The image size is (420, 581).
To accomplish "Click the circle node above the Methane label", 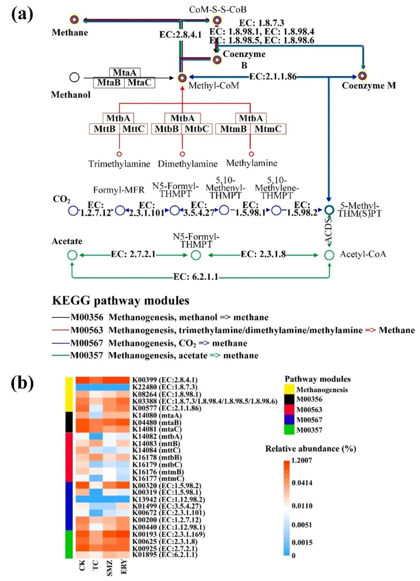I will click(x=74, y=19).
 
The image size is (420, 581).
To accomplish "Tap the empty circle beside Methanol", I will click(x=74, y=77).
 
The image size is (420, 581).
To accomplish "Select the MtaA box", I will click(x=124, y=73).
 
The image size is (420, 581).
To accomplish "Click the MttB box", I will click(x=105, y=129).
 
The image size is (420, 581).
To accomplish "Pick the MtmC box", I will click(x=268, y=129).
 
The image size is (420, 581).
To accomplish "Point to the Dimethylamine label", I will click(x=187, y=164).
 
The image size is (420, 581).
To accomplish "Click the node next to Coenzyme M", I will click(x=362, y=76).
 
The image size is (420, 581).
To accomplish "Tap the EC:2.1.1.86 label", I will click(x=273, y=77).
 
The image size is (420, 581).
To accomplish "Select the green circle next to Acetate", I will click(x=72, y=255).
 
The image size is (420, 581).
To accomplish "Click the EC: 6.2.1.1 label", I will click(x=196, y=277).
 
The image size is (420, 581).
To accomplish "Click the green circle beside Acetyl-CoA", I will click(x=329, y=255).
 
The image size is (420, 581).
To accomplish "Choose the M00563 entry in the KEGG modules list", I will click(x=86, y=330).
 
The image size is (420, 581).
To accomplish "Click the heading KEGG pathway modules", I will click(x=121, y=300).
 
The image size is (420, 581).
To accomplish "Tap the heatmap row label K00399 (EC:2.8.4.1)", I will click(x=165, y=380).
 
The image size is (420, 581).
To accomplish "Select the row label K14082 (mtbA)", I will click(x=157, y=437).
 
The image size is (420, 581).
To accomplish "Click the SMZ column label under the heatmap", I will click(x=110, y=568).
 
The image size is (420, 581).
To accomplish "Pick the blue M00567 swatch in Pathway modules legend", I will click(x=289, y=420).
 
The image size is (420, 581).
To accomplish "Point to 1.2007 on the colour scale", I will click(x=301, y=460).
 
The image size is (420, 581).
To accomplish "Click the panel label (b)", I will click(x=22, y=383).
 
